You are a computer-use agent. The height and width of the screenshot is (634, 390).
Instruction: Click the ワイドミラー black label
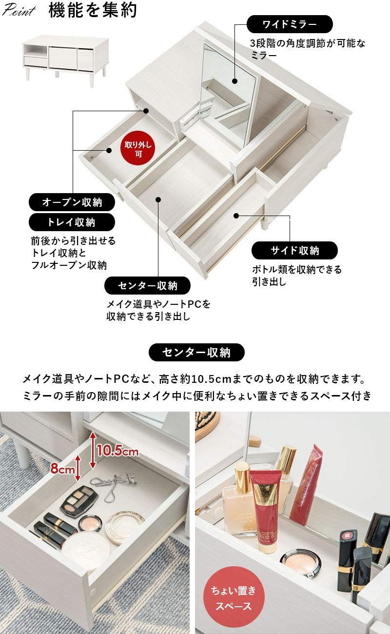290,24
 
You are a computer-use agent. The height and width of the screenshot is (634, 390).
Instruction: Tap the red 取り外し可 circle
138,148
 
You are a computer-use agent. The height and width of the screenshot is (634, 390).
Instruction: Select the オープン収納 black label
72,202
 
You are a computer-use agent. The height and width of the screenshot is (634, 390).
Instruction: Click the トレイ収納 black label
72,222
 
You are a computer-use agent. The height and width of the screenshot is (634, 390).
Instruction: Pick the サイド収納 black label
294,250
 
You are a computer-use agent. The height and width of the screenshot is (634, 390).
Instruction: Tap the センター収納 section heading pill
196,352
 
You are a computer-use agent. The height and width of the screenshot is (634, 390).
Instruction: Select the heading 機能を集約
93,11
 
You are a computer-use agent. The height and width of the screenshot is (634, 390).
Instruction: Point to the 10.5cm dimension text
117,451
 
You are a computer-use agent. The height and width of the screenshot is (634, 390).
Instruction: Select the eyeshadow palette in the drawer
79,501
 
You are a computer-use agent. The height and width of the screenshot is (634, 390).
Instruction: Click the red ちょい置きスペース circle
233,599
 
